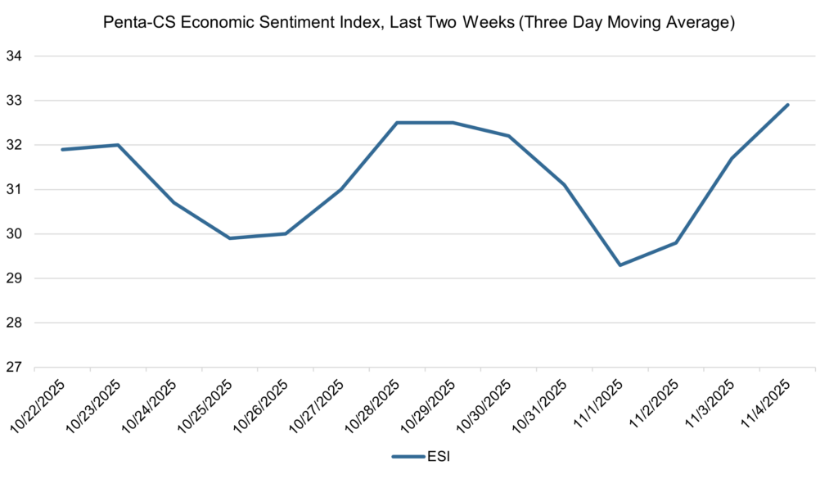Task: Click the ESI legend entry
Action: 420,457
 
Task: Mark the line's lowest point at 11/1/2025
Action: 620,264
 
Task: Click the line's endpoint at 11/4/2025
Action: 787,105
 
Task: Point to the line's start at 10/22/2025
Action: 62,150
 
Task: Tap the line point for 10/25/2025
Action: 229,238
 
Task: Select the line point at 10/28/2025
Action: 397,123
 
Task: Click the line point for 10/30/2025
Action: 509,136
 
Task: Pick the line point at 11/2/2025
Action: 677,242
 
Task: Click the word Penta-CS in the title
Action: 133,23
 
